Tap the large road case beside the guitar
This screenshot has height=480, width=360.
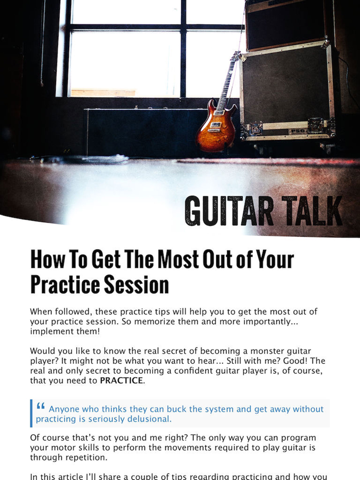288,93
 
